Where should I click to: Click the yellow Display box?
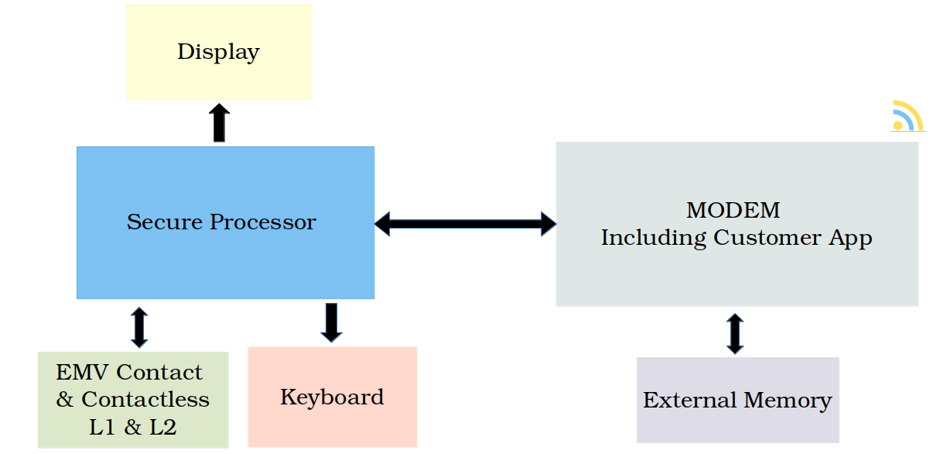pos(219,52)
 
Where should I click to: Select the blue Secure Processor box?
pos(225,222)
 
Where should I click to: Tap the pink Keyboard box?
pos(333,397)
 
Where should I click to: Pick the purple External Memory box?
pos(737,400)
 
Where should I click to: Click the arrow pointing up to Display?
pos(219,122)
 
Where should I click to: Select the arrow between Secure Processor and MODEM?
pos(465,224)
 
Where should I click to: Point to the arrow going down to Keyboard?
pos(332,322)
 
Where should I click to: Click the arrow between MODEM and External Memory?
pos(735,334)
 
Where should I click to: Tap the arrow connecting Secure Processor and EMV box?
pos(139,328)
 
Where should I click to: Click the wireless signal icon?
pos(908,116)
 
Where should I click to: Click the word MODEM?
pos(733,210)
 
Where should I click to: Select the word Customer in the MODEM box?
pos(767,237)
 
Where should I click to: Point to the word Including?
pos(654,239)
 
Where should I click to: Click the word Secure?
pos(165,222)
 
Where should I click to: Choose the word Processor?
pos(263,222)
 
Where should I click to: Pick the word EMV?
pos(82,372)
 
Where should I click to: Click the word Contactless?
pos(145,399)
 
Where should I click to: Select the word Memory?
pos(788,401)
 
